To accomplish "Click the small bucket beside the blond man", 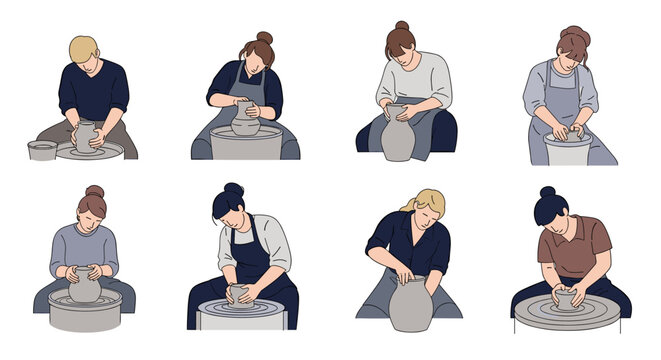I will pos(41,150).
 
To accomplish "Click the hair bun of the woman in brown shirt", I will pos(547,191).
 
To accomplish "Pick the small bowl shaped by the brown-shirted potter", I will pos(566,300).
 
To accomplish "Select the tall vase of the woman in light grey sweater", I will pos(398,134).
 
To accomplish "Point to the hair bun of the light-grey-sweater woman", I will pos(401,26).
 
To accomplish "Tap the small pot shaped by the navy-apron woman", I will pos(240,294).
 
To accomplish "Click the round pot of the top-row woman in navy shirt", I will pos(244,120).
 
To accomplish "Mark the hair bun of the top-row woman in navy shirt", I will pos(264,38).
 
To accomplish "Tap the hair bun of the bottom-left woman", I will pos(94,190).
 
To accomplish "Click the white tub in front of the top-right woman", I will pos(568,150).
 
